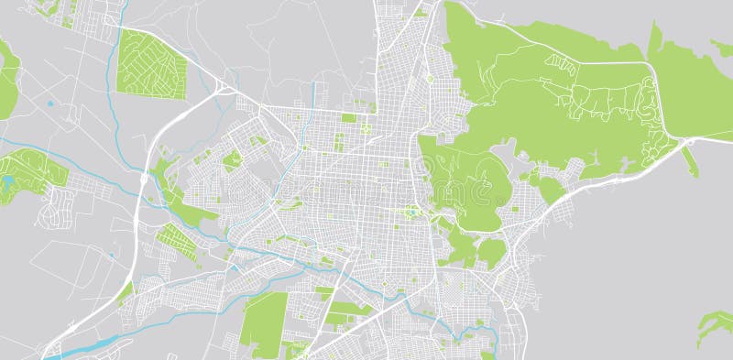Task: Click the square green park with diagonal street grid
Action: point(151,62)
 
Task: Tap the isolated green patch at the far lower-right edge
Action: point(716,325)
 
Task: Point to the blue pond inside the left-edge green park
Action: point(8,181)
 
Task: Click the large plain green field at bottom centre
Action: point(265,325)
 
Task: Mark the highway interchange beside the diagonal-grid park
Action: point(222,89)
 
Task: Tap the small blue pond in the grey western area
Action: point(49,104)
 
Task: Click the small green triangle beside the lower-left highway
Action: point(125,290)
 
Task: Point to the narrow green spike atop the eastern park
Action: point(653,39)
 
